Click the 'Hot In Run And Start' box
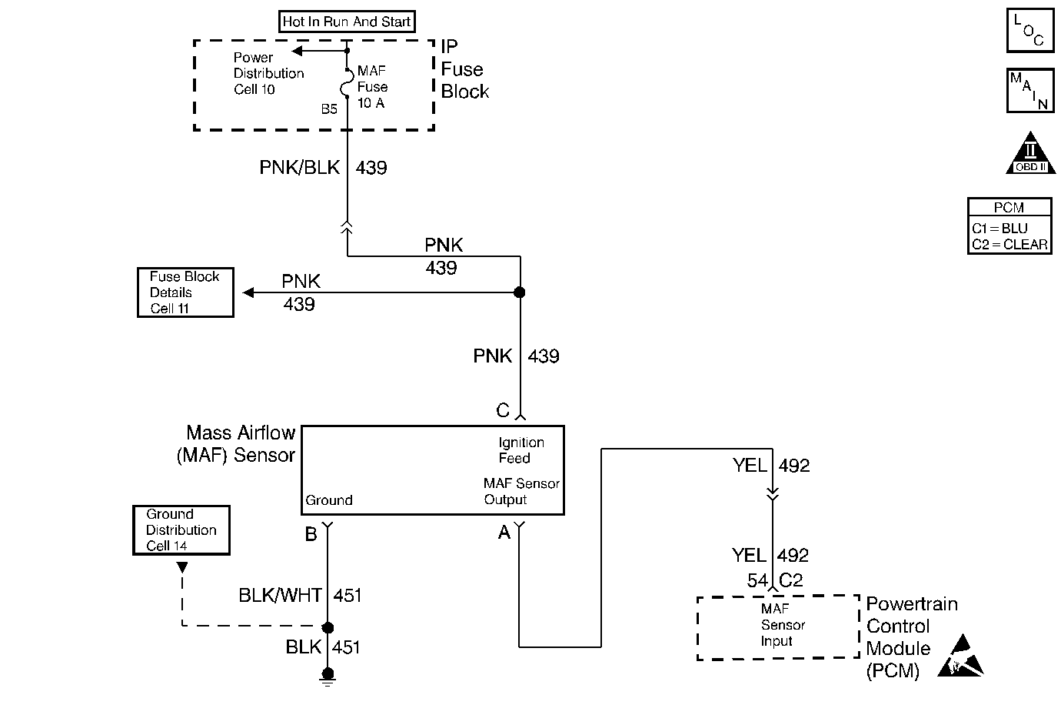click(x=347, y=22)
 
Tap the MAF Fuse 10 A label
click(x=372, y=87)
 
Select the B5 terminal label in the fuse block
click(x=329, y=109)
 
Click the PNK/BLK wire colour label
click(x=300, y=168)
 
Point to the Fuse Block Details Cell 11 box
click(x=185, y=292)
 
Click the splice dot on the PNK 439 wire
click(x=520, y=292)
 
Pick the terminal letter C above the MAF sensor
click(x=503, y=411)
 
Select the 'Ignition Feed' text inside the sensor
click(x=521, y=450)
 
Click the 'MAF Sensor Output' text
click(x=521, y=491)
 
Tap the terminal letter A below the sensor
click(x=504, y=533)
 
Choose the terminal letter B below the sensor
click(x=311, y=534)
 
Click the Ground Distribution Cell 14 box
click(x=181, y=530)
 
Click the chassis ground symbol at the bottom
click(x=328, y=677)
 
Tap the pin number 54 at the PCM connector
click(x=757, y=581)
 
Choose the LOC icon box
click(x=1030, y=31)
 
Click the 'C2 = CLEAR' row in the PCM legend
click(x=1009, y=244)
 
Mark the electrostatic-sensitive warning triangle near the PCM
click(x=960, y=658)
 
